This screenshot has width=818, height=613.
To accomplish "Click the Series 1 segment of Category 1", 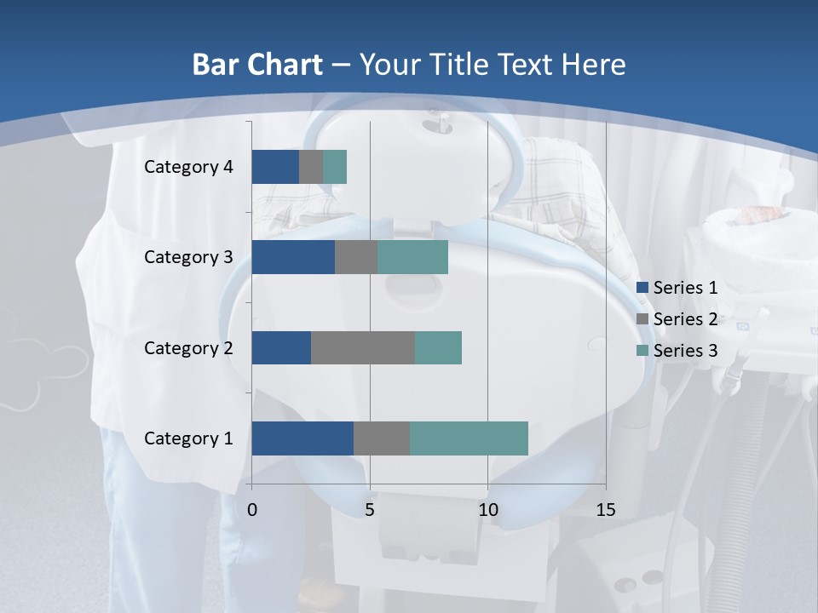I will point(302,438).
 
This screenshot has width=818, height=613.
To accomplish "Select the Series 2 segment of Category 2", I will point(363,347).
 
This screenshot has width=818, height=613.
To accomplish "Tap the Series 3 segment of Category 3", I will point(412,257).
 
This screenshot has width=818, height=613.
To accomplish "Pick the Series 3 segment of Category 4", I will point(335,167).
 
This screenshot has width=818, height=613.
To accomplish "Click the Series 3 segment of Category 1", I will point(469,438).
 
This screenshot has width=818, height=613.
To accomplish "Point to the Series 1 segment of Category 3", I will point(293,257).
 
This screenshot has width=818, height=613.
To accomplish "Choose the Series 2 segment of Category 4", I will point(311,167).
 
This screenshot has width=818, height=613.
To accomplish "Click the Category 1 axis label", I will point(188,438).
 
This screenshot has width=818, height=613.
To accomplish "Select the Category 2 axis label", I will point(188,347).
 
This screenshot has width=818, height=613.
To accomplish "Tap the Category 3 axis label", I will point(188,257).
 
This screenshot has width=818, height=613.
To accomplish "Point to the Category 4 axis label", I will point(188,167).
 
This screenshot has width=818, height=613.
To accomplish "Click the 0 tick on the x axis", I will point(252,510).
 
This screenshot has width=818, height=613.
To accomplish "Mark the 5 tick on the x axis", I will point(370,510).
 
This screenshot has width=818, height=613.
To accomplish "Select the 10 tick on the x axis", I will point(487,510).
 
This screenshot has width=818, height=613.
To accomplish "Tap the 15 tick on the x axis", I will point(606,510).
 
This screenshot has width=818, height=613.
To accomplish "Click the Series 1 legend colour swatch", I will point(642,288).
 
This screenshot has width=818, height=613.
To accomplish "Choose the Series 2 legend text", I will point(685,319).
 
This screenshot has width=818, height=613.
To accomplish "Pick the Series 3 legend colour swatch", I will point(642,351).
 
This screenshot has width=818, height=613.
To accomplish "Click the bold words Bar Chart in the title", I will point(257,65).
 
